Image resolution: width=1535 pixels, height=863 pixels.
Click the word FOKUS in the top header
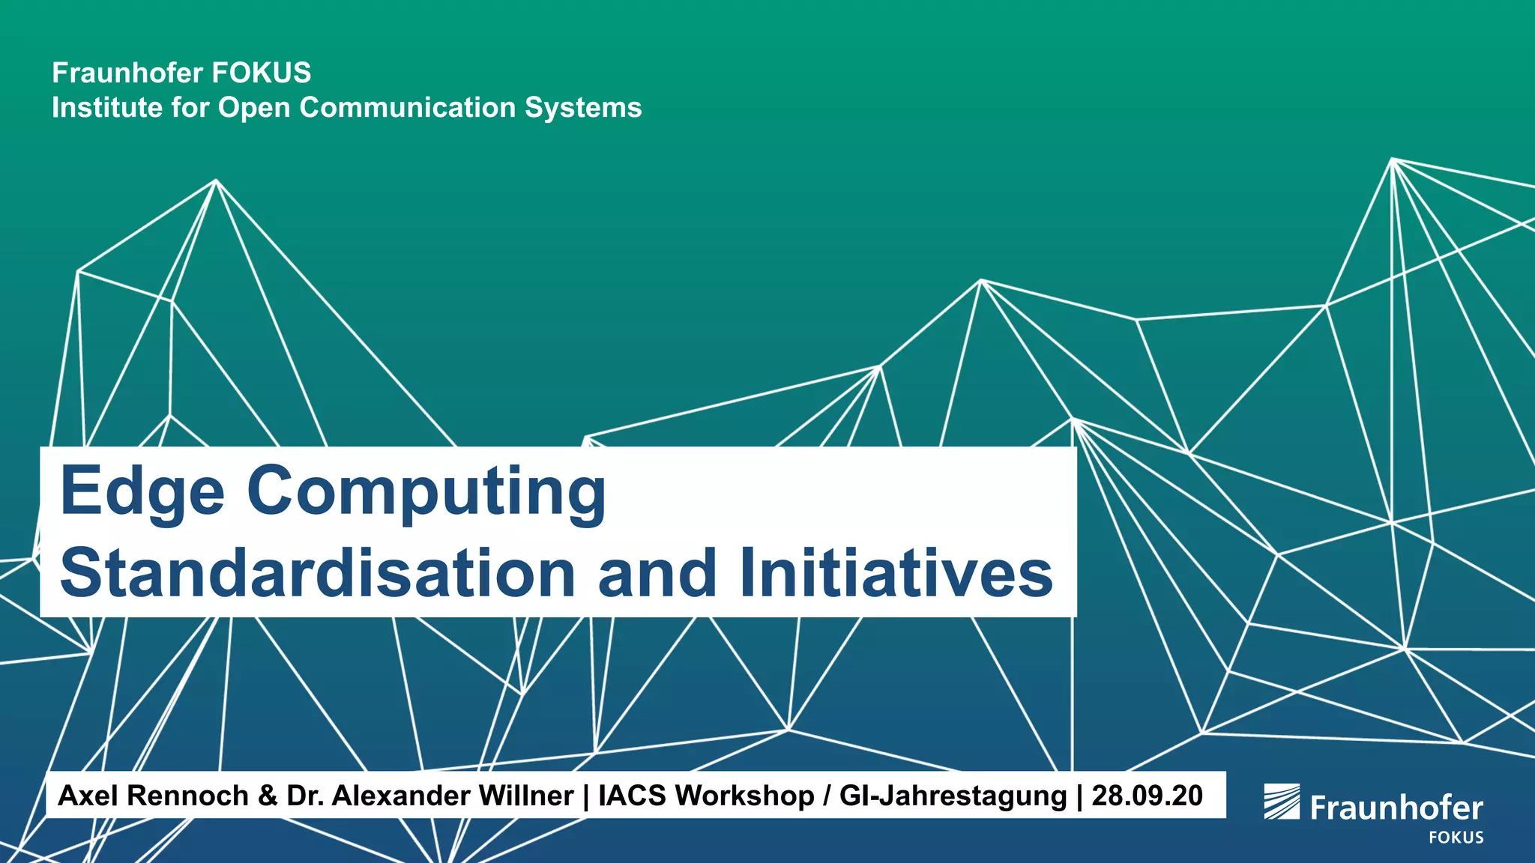(x=262, y=73)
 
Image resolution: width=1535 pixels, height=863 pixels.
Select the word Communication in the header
(x=408, y=108)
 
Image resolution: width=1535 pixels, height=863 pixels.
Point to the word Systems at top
(x=583, y=108)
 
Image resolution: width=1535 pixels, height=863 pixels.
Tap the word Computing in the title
(x=426, y=492)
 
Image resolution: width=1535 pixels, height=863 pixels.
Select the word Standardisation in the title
(x=318, y=573)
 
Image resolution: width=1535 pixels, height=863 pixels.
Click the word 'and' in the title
(x=657, y=573)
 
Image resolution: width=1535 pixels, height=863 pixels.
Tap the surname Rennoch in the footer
(x=187, y=796)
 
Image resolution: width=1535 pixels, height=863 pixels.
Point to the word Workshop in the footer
(x=744, y=796)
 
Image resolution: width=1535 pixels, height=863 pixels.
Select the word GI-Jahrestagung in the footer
(x=953, y=796)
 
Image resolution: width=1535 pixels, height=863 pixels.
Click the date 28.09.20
(x=1147, y=796)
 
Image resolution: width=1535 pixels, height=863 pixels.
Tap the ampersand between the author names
(x=268, y=796)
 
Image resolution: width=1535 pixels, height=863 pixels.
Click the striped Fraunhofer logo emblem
(x=1282, y=802)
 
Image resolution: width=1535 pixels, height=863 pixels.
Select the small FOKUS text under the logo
(x=1456, y=838)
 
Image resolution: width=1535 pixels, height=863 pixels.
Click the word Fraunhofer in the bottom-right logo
(x=1396, y=808)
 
